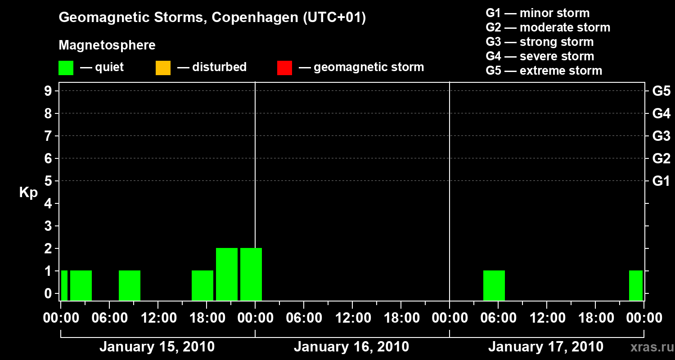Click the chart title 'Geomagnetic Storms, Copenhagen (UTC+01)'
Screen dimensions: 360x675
click(212, 18)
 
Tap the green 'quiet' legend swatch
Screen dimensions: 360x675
click(66, 67)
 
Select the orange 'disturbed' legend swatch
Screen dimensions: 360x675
click(163, 67)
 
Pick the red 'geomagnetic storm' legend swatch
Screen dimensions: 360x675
click(284, 67)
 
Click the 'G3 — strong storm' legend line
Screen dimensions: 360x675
click(540, 42)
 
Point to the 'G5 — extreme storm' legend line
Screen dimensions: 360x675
click(544, 71)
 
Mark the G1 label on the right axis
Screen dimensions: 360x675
click(661, 181)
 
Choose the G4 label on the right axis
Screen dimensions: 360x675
click(661, 113)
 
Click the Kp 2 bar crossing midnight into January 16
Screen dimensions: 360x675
click(251, 274)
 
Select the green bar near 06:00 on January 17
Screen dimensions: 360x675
click(494, 285)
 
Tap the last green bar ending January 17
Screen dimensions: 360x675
click(635, 285)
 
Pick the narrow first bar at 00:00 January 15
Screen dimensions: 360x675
click(64, 285)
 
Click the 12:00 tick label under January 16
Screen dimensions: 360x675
click(352, 318)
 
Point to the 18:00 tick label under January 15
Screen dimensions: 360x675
click(207, 318)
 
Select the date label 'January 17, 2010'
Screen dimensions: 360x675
click(545, 347)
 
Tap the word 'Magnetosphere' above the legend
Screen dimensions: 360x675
click(107, 45)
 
